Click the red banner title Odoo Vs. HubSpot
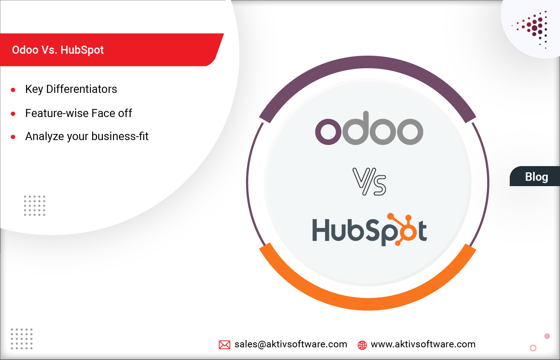click(58, 50)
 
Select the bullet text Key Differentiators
click(71, 89)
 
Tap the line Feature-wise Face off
click(79, 113)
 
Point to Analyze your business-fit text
click(87, 136)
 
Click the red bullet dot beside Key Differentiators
click(13, 90)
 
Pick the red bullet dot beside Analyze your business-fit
click(13, 137)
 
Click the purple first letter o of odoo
click(328, 131)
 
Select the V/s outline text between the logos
click(369, 182)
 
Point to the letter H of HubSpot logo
click(322, 230)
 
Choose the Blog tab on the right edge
click(536, 177)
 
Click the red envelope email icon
click(225, 345)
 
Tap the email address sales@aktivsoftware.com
click(291, 344)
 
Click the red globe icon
click(362, 345)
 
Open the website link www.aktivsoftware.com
click(423, 344)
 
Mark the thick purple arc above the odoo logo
click(368, 64)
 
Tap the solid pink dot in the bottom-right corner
click(547, 336)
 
